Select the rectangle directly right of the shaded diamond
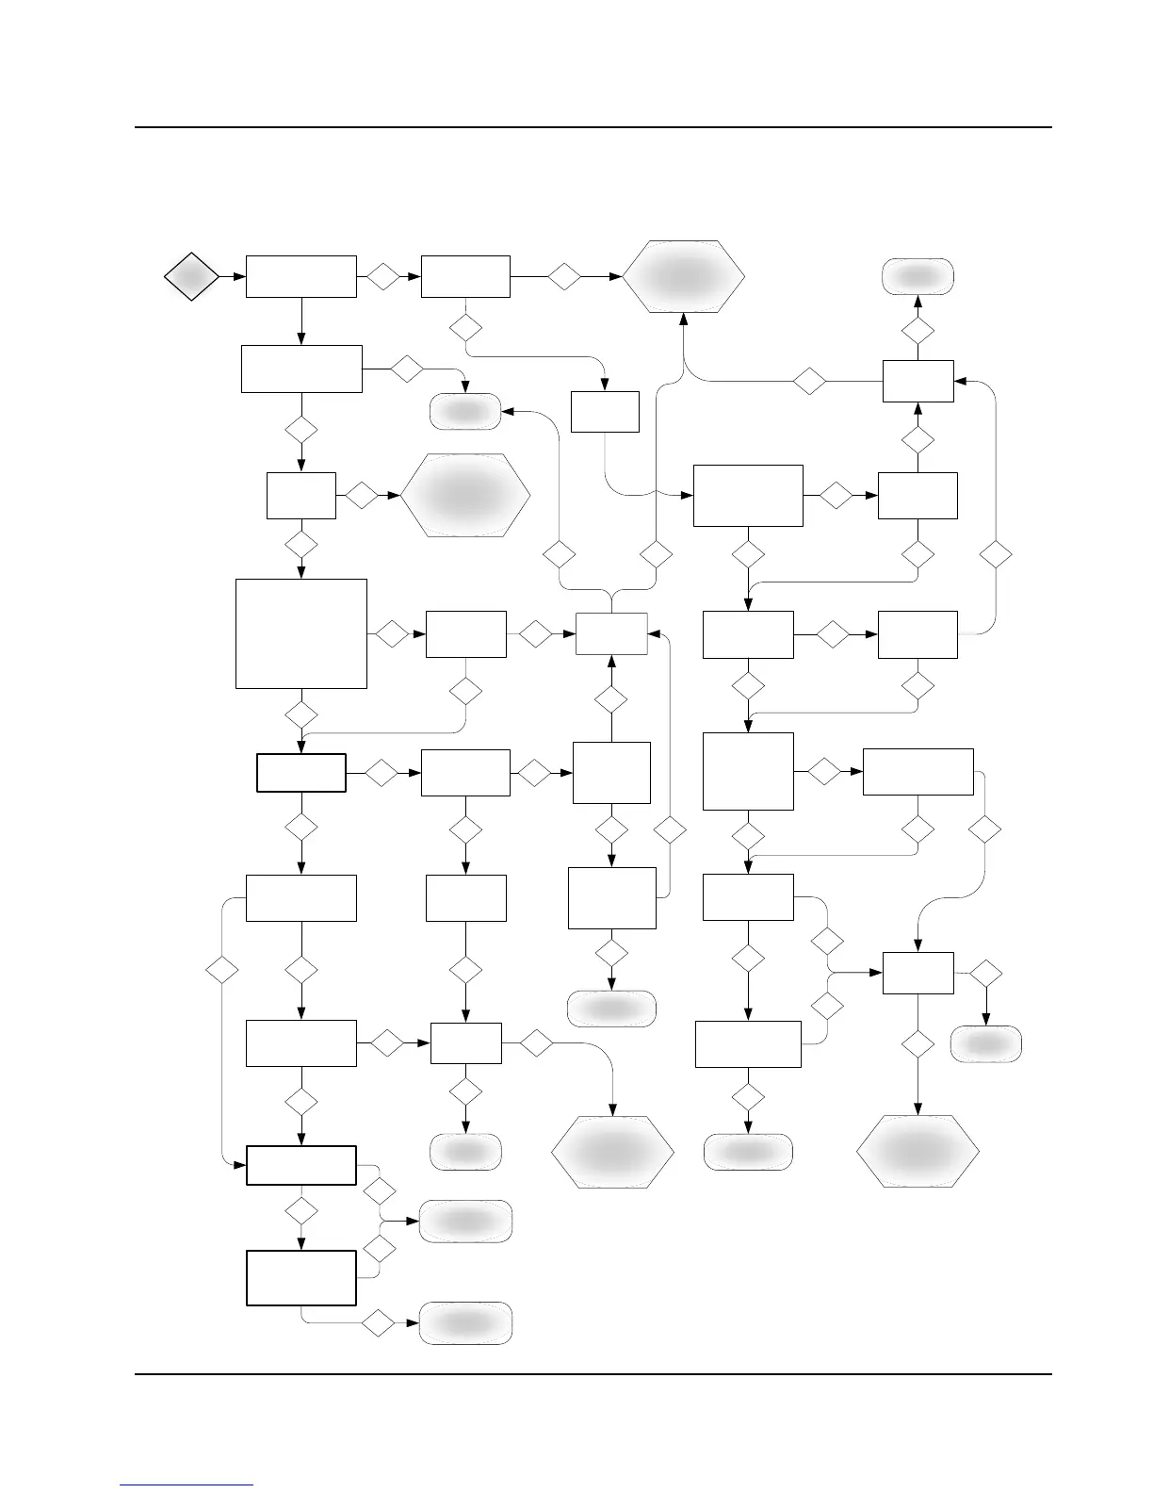tap(300, 276)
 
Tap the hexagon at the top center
tap(683, 276)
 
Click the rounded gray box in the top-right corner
tap(918, 275)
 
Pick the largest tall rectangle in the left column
tap(300, 633)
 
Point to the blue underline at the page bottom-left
tap(187, 1485)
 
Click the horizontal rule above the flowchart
tap(593, 127)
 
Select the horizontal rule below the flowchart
tap(593, 1374)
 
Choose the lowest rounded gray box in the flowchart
tap(465, 1323)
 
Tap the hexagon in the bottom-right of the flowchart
tap(918, 1151)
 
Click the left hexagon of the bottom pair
tap(612, 1151)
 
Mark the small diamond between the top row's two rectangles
tap(383, 276)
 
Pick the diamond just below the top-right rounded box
tap(918, 331)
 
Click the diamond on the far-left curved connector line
tap(222, 969)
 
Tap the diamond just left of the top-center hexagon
tap(564, 276)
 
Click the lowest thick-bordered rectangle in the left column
tap(300, 1277)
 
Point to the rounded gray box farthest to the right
tap(986, 1044)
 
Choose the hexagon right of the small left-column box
tap(465, 495)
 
